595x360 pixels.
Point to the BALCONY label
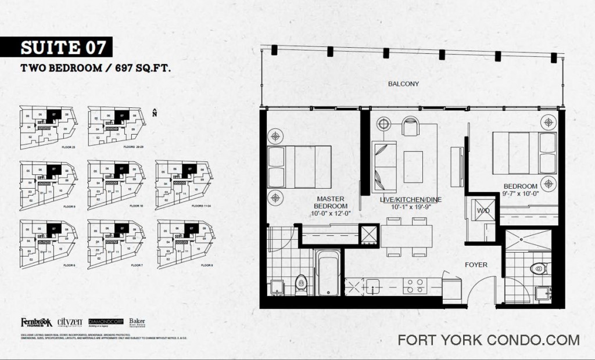pyautogui.click(x=403, y=84)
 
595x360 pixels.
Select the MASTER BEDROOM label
pyautogui.click(x=331, y=203)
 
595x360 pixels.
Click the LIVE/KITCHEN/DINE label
pyautogui.click(x=411, y=200)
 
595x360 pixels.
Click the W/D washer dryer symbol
pyautogui.click(x=483, y=209)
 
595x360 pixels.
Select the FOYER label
pyautogui.click(x=475, y=265)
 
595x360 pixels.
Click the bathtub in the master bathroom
pyautogui.click(x=328, y=272)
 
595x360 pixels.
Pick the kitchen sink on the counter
pyautogui.click(x=372, y=286)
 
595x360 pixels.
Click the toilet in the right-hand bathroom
pyautogui.click(x=539, y=268)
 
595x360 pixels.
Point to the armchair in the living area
pyautogui.click(x=410, y=126)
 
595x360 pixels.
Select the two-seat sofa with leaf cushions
pyautogui.click(x=385, y=167)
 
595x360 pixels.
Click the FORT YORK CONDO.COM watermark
pyautogui.click(x=489, y=340)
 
